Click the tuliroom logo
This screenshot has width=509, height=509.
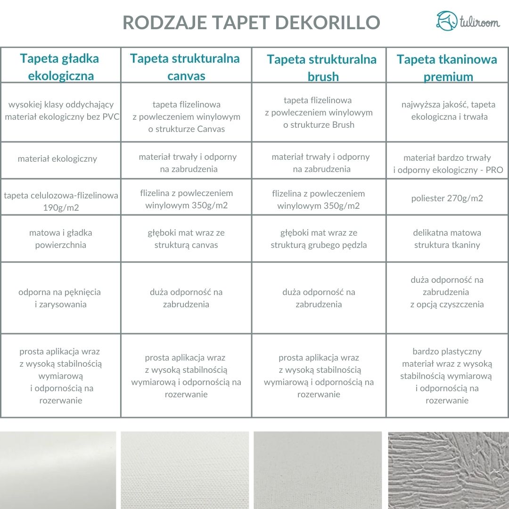(x=468, y=21)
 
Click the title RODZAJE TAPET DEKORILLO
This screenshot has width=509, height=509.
(x=251, y=23)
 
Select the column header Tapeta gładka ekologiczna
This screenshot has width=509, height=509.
(x=60, y=67)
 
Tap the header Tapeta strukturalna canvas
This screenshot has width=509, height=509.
(x=185, y=66)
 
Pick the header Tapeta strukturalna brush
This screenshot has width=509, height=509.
(x=322, y=67)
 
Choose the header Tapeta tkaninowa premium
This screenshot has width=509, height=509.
(x=447, y=67)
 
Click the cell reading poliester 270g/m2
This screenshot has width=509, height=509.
(x=447, y=198)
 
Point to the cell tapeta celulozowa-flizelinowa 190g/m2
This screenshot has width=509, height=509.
(x=61, y=201)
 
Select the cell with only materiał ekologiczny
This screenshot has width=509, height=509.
(x=57, y=159)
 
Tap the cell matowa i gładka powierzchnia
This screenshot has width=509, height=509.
(x=60, y=238)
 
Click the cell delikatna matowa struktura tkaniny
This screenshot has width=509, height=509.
(x=447, y=238)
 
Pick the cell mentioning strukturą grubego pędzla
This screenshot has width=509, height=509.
(x=319, y=238)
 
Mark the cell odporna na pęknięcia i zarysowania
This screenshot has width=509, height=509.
(x=60, y=298)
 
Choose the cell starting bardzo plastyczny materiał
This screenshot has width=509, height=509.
(x=447, y=376)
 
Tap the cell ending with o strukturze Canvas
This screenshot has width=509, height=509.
(x=187, y=116)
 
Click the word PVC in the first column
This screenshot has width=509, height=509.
(x=111, y=117)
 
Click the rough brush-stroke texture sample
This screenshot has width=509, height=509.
(x=448, y=470)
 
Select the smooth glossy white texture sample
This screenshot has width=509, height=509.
(x=58, y=470)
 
